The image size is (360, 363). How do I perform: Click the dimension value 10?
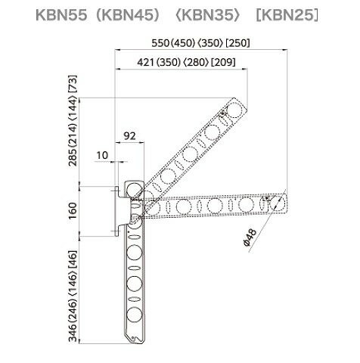click(x=102, y=156)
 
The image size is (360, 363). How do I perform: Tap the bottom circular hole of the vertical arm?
click(x=134, y=315)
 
